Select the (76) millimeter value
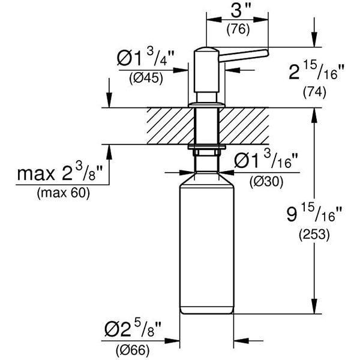[x=238, y=29]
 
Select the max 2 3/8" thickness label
[x=60, y=175]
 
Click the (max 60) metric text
[x=62, y=193]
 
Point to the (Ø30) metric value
[x=265, y=182]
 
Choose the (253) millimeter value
[x=314, y=235]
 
